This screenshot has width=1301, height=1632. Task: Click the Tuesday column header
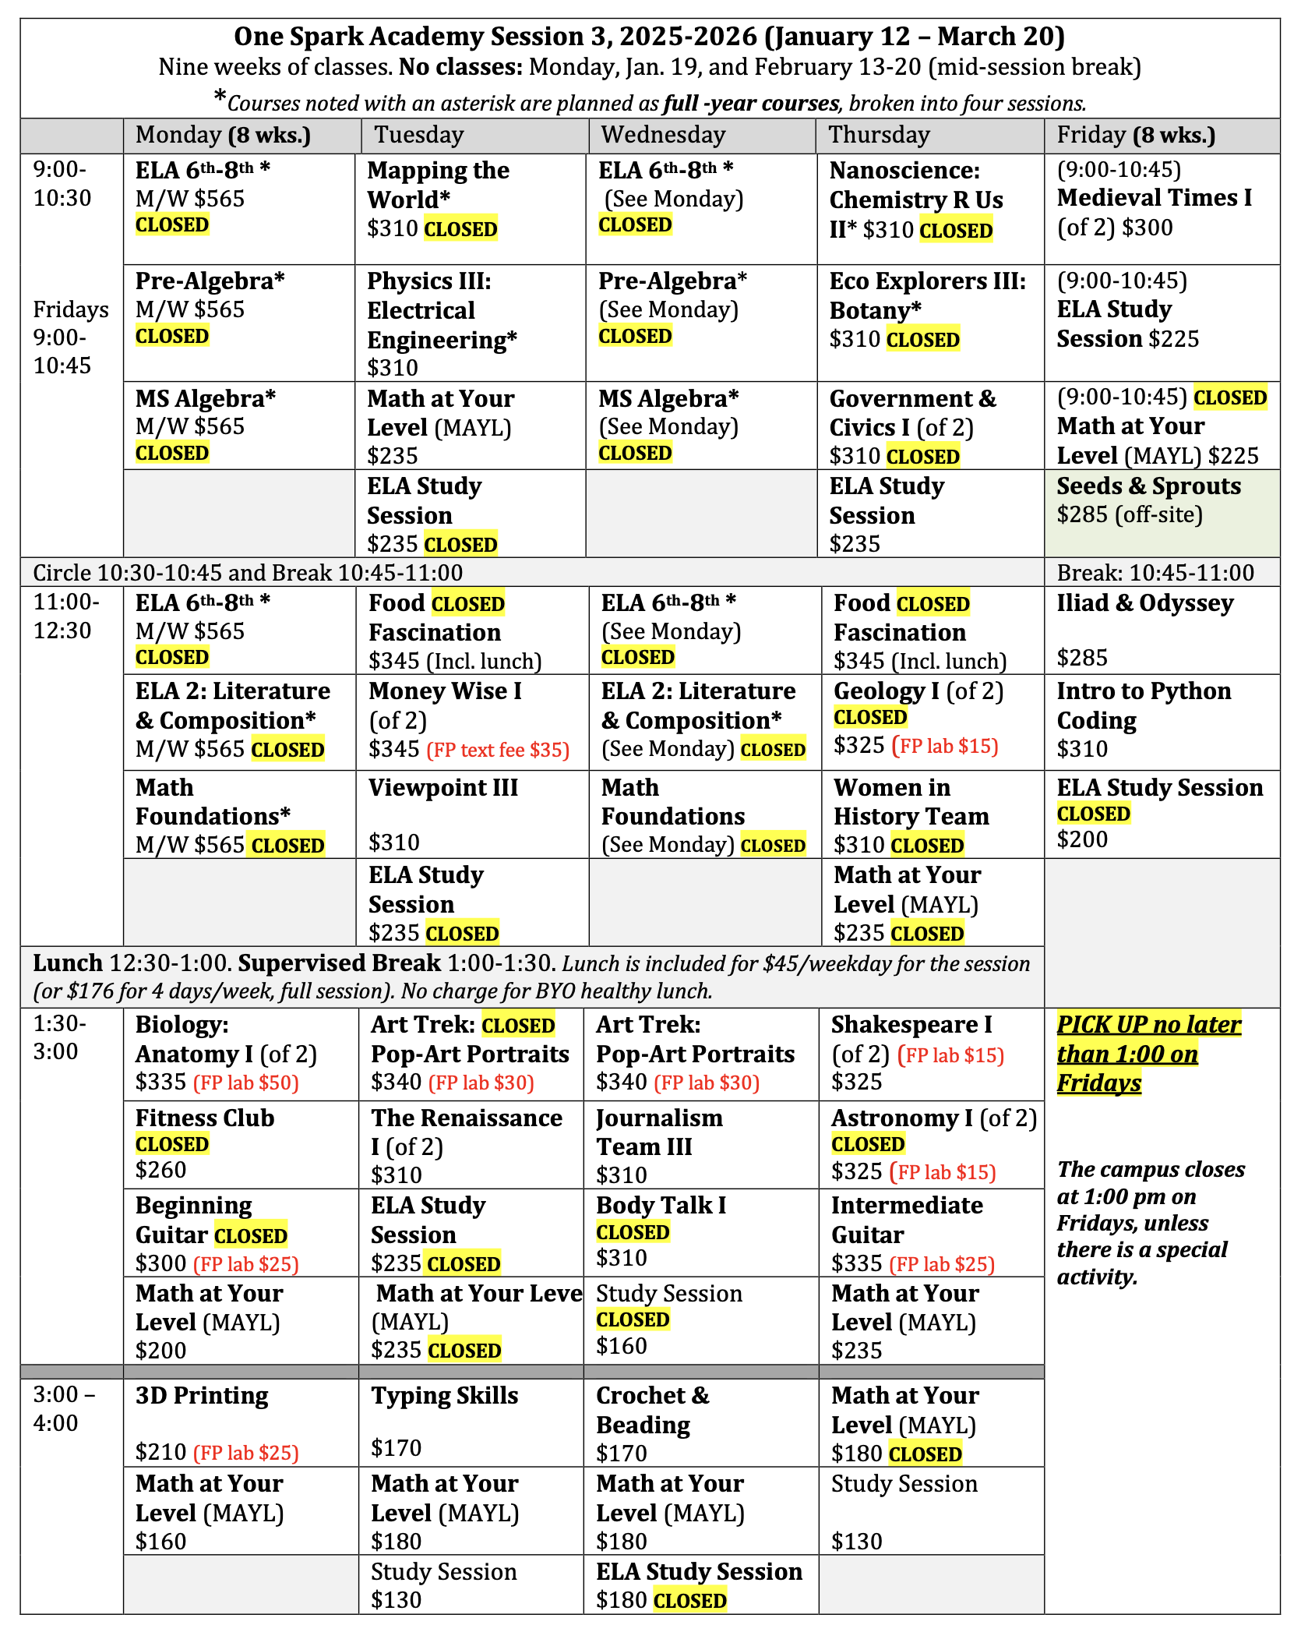pos(419,135)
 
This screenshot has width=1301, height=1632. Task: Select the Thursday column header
pos(879,135)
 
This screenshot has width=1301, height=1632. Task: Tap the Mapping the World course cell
pos(470,200)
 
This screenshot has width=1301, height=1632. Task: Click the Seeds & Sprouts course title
pos(1148,486)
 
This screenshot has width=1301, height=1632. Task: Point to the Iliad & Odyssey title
pos(1145,603)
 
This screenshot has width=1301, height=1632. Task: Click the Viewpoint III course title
pos(443,788)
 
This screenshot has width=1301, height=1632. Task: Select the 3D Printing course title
pos(202,1396)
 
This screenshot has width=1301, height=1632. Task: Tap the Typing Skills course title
pos(444,1396)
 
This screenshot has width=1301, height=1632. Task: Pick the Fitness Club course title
pos(205,1118)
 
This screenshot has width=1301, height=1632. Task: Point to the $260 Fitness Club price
pos(161,1170)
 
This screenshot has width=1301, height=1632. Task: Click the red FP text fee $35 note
pos(498,751)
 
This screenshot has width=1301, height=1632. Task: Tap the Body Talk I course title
pos(661,1206)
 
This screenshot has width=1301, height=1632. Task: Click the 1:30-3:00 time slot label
pos(60,1038)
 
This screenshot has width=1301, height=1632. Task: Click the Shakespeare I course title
pos(911,1025)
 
